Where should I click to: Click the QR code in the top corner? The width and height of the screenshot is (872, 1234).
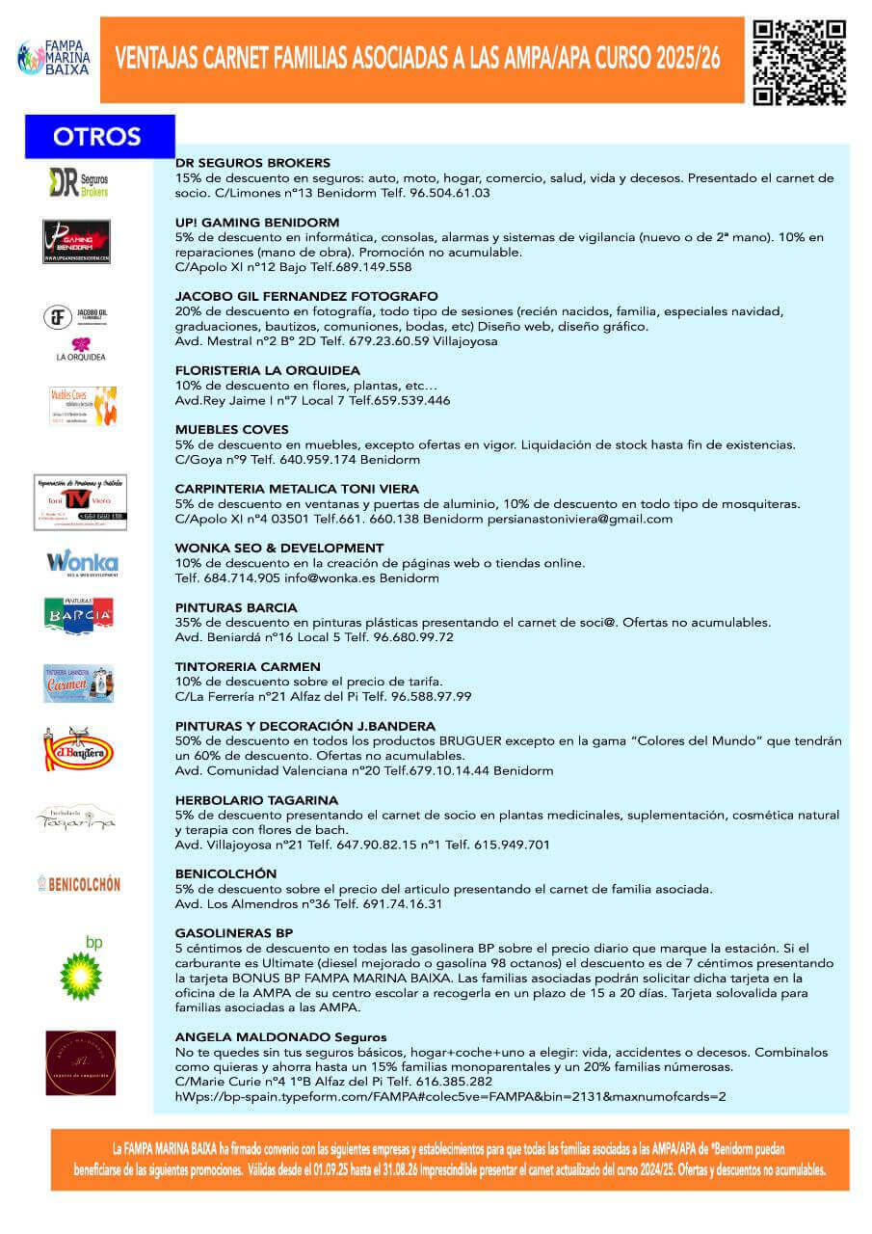(x=799, y=61)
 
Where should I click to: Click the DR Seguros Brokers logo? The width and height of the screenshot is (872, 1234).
(x=79, y=182)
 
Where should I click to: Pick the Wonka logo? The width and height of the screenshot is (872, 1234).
(x=82, y=563)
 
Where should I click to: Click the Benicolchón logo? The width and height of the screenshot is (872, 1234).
(x=79, y=883)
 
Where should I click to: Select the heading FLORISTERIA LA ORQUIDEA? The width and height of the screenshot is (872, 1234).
(x=268, y=370)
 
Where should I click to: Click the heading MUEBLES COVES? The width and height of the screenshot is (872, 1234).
(x=231, y=429)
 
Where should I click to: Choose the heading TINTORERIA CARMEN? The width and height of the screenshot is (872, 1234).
(x=248, y=666)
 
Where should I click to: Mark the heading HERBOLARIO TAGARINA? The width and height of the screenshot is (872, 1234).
(x=256, y=800)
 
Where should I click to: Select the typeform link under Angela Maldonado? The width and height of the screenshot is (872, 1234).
(x=450, y=1096)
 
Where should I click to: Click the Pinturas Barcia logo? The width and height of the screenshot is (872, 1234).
(x=79, y=617)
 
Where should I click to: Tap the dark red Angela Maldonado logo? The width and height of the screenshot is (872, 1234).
(x=81, y=1062)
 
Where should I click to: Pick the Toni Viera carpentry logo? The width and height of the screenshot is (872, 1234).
(x=80, y=502)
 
